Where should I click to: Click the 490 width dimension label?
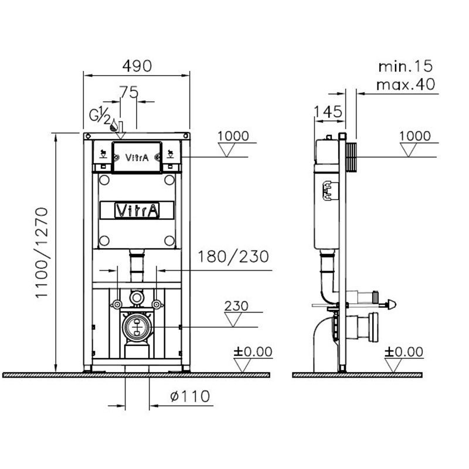click(x=137, y=66)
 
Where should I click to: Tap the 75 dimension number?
click(x=129, y=92)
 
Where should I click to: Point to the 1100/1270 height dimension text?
click(x=42, y=253)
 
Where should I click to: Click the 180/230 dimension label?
click(x=233, y=257)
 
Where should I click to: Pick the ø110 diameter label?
click(x=190, y=396)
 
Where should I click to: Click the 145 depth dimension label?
click(x=328, y=112)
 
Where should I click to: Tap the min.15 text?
click(x=406, y=66)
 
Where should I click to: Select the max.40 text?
click(x=406, y=84)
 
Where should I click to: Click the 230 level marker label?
click(x=236, y=306)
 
